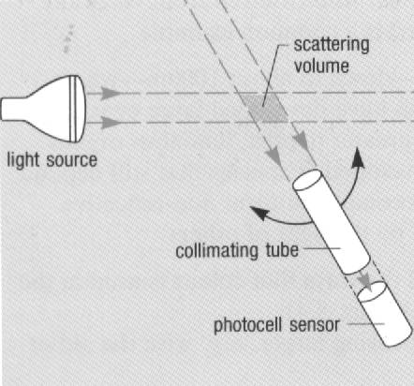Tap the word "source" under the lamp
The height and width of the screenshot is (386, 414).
click(72, 161)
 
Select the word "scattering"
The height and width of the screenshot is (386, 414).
click(332, 45)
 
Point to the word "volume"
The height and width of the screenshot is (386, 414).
click(321, 67)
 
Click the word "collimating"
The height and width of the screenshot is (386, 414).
click(217, 250)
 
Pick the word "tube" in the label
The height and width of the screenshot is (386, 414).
click(282, 250)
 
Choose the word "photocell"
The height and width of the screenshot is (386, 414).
click(248, 325)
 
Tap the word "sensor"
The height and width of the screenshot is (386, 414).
click(315, 325)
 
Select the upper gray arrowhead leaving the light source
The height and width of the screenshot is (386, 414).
click(111, 93)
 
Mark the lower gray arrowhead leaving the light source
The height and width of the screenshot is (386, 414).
click(111, 122)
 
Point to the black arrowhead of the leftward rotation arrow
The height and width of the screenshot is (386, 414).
click(259, 213)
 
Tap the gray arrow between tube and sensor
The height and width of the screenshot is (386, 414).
click(365, 280)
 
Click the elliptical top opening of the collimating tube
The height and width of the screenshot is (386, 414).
click(307, 179)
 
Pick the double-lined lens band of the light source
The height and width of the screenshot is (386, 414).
click(73, 109)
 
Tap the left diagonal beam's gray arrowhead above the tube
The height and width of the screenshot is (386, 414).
click(274, 156)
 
